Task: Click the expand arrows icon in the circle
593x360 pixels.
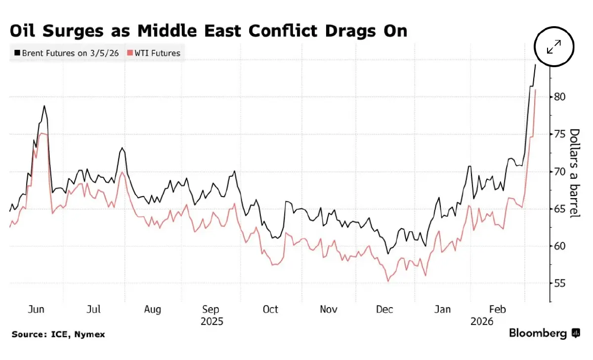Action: click(x=554, y=47)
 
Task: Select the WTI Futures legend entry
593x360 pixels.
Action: click(x=154, y=53)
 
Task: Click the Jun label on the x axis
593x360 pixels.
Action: click(x=36, y=310)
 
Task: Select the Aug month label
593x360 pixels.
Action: click(x=153, y=310)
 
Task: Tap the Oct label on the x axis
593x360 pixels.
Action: click(x=270, y=310)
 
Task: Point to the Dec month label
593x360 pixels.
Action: click(x=384, y=310)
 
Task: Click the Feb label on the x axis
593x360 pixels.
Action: click(x=497, y=310)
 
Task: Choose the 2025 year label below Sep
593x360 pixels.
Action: click(x=212, y=321)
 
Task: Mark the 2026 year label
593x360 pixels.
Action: click(x=482, y=321)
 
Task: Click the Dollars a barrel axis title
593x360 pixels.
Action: click(x=574, y=173)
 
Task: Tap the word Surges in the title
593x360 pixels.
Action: click(x=72, y=31)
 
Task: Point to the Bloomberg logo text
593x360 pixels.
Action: click(x=538, y=333)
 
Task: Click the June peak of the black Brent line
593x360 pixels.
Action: click(x=44, y=106)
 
